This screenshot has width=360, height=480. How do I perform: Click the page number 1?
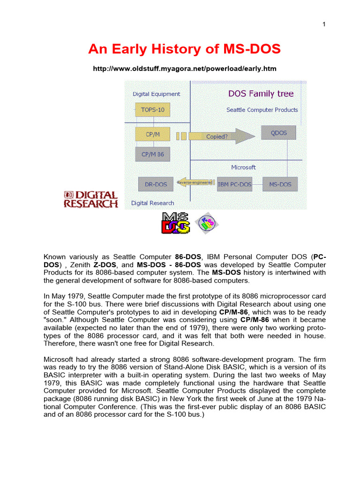[324, 25]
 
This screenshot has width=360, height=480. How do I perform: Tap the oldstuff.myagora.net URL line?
[185, 68]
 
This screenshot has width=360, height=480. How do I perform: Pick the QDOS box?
[279, 133]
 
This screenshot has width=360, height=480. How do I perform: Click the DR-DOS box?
[153, 184]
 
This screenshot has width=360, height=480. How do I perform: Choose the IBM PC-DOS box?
[234, 184]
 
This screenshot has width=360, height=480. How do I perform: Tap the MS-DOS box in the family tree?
[279, 184]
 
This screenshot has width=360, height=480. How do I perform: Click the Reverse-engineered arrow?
[194, 182]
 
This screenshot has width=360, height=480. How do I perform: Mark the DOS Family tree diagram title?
[261, 94]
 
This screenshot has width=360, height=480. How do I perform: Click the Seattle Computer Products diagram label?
[262, 110]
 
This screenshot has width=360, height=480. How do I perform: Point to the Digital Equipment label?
[156, 94]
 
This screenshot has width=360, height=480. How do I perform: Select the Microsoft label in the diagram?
[243, 167]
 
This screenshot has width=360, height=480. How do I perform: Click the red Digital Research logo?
[90, 199]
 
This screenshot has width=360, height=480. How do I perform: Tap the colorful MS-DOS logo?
[176, 223]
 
